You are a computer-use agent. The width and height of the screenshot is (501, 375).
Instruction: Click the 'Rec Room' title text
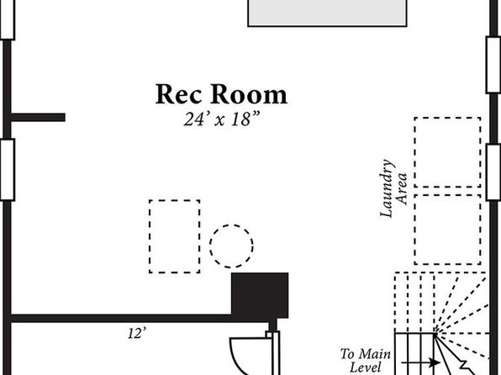pos(221,94)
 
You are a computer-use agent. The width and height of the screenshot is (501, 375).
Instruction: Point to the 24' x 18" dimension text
pos(221,119)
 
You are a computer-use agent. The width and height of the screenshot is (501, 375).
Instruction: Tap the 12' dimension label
pos(137,333)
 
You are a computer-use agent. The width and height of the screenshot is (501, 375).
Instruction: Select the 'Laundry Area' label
pos(393,188)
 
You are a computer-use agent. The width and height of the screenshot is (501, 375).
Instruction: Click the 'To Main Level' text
pos(365,361)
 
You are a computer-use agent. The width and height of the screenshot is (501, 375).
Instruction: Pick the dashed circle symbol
pos(231,246)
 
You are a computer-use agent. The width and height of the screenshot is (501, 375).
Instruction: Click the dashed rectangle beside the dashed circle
pos(175,236)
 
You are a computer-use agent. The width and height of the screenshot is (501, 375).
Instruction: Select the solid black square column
pos(260,295)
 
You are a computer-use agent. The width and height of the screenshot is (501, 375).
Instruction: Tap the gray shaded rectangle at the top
pos(327,13)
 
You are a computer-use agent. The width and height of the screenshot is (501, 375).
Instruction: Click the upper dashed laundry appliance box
pos(447,152)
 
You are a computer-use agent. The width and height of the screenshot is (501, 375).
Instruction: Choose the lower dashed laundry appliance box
pos(447,230)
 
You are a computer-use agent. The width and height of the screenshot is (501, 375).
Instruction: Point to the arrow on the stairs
pos(420,362)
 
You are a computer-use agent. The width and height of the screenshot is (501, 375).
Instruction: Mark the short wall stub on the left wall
pos(38,118)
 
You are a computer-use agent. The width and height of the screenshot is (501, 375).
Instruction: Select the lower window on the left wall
pos(8,170)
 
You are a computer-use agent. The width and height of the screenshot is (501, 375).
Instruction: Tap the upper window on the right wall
pos(493,65)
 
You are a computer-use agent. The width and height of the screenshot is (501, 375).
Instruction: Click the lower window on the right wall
pos(493,172)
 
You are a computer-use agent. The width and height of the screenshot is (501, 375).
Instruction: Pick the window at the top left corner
pos(8,20)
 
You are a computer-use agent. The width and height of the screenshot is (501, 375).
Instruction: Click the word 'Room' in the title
pos(249,94)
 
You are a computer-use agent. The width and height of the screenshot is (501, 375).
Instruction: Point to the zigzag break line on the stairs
pos(466,367)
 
